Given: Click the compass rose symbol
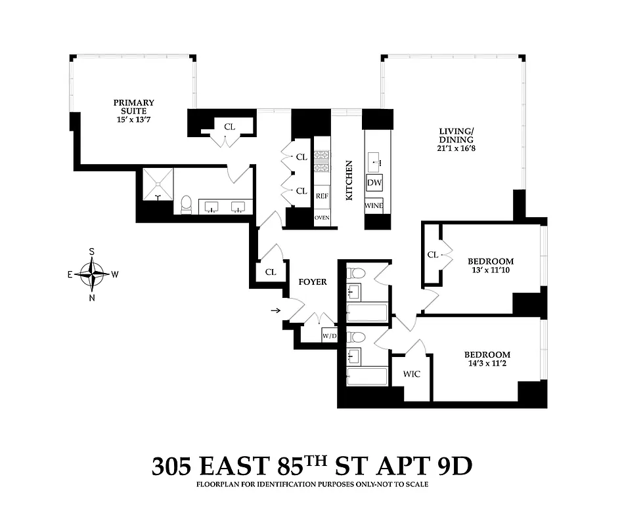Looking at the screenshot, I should click(x=92, y=274).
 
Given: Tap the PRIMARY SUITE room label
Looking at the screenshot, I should click(x=134, y=106).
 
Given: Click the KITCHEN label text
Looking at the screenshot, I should click(x=349, y=180).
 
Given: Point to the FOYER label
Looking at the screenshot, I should click(x=313, y=282).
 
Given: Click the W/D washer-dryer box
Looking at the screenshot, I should click(x=329, y=336).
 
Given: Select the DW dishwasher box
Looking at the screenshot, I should click(x=374, y=183).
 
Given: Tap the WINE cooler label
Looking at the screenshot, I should click(x=374, y=205).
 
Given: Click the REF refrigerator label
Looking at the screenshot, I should click(x=322, y=196).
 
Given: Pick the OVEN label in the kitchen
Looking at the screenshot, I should click(x=322, y=218).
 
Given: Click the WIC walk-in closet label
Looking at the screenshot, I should click(x=411, y=374).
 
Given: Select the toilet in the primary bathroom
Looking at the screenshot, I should click(x=186, y=204).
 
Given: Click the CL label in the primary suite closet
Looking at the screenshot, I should click(x=230, y=127).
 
